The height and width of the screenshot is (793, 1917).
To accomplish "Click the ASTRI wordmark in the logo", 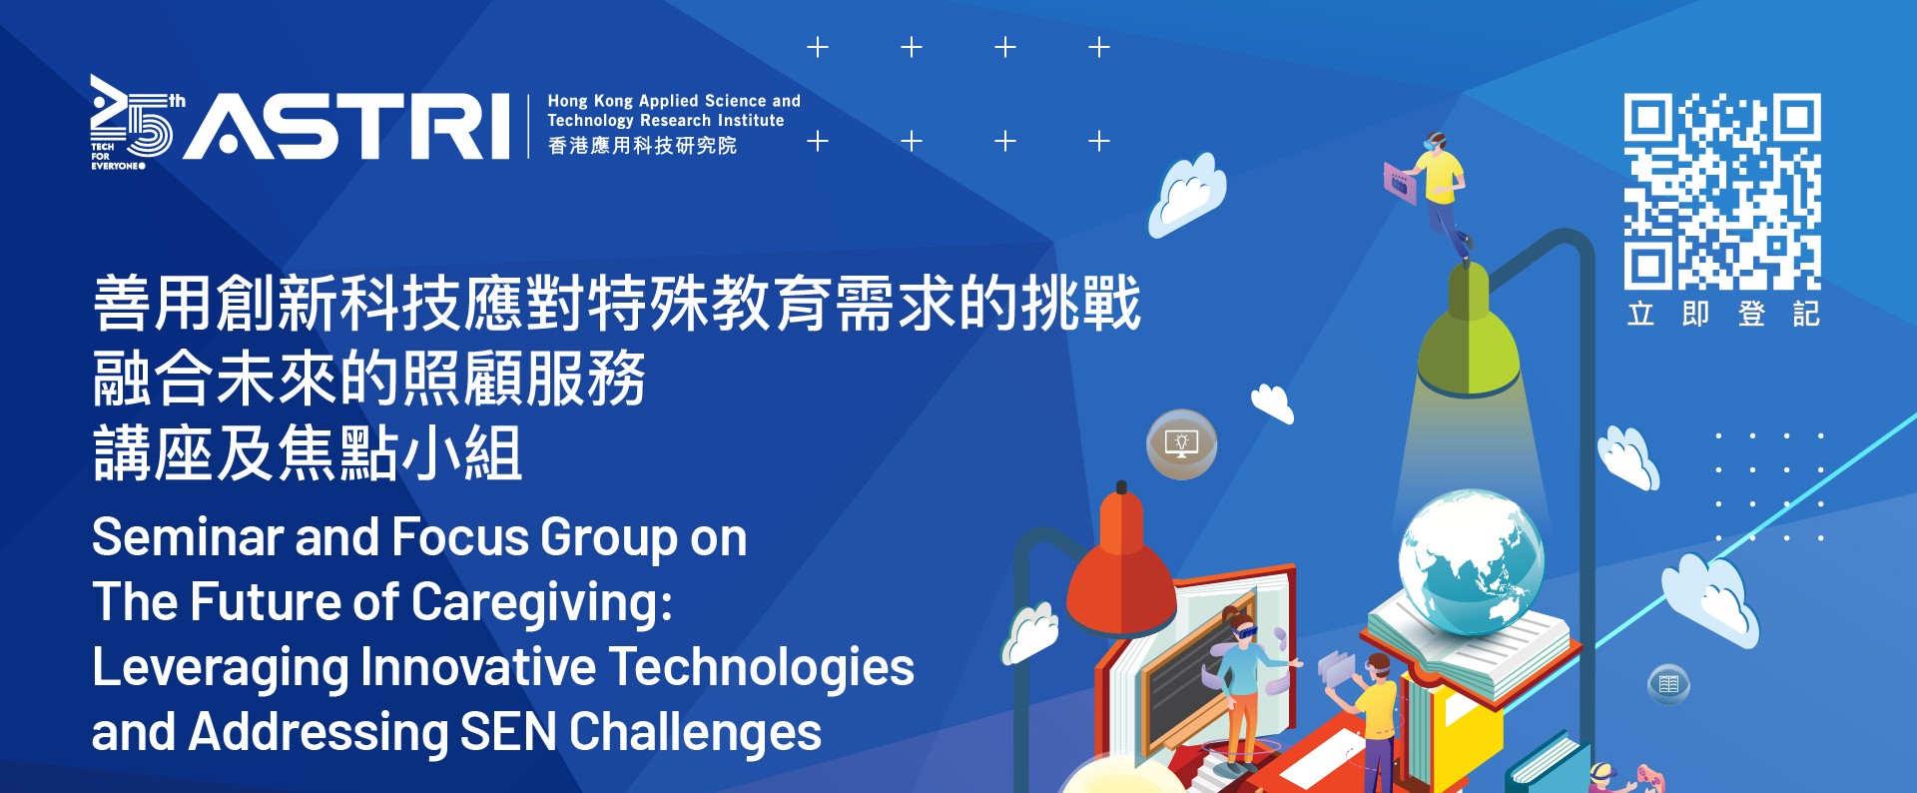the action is (x=346, y=126).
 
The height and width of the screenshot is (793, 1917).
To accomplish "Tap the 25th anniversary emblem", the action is (x=136, y=122).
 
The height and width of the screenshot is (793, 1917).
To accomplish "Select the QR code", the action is (x=1722, y=191).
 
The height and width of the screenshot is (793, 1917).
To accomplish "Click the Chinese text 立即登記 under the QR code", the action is (x=1723, y=314).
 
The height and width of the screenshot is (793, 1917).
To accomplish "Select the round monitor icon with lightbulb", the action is (x=1182, y=443).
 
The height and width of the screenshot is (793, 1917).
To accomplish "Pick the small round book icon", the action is (x=1668, y=684).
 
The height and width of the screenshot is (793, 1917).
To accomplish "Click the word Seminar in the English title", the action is (x=188, y=537).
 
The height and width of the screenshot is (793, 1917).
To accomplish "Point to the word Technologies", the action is (x=761, y=667).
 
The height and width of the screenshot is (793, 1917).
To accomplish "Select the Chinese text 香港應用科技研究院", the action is (x=642, y=146).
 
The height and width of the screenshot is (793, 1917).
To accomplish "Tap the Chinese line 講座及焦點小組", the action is (x=308, y=453).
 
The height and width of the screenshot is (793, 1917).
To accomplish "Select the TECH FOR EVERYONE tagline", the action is (x=117, y=156).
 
